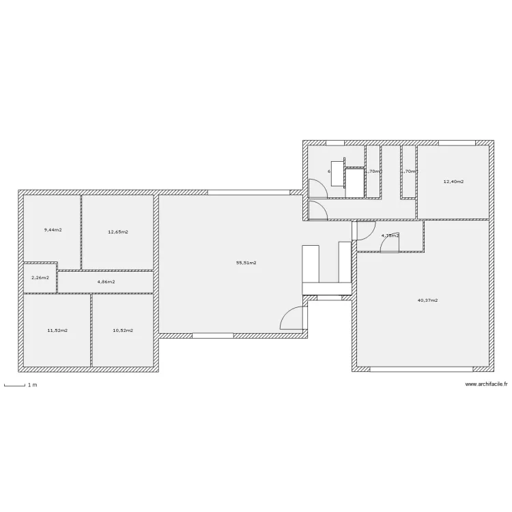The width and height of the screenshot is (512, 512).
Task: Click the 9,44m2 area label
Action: [53, 230]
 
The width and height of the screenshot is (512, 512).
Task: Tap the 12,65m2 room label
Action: [118, 232]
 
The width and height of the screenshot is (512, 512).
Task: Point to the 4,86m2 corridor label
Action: [106, 281]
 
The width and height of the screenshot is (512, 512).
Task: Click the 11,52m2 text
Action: [57, 330]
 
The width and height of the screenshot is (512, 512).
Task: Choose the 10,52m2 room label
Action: [123, 330]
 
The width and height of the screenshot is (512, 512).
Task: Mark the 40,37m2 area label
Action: [427, 300]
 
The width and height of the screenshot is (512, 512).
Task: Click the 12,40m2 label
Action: [453, 182]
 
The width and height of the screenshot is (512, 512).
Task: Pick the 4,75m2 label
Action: [390, 236]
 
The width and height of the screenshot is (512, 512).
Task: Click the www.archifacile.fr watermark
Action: [485, 384]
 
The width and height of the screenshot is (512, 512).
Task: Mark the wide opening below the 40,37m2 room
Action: [423, 369]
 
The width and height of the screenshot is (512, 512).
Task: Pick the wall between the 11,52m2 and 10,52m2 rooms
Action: [91, 330]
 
